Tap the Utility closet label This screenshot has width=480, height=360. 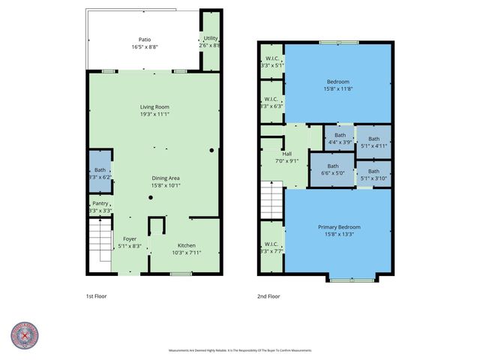click(211, 38)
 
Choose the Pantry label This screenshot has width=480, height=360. click(100, 203)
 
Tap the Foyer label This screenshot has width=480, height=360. click(130, 238)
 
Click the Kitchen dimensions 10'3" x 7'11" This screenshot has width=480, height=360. click(186, 252)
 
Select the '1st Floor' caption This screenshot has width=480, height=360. click(96, 296)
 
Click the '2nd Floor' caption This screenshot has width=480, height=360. click(268, 296)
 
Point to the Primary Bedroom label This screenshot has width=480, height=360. click(339, 227)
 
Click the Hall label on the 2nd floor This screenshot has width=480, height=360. click(287, 154)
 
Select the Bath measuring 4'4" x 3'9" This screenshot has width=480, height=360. click(338, 136)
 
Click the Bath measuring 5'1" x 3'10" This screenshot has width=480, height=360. click(373, 174)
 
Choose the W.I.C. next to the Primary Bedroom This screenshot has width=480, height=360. click(271, 247)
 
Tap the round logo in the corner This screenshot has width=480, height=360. click(25, 336)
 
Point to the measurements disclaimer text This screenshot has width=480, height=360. click(240, 350)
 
